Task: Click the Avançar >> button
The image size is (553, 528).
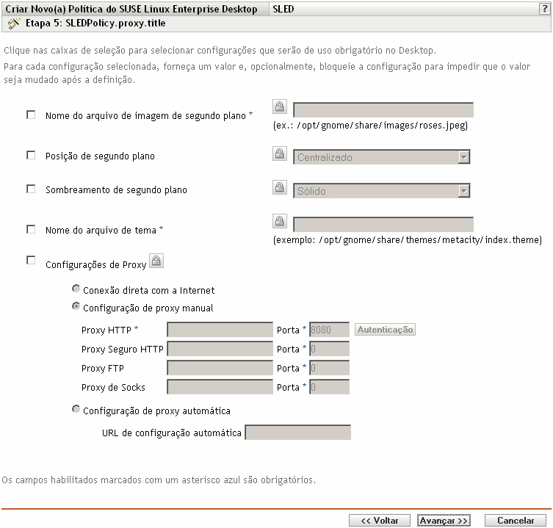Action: point(444,520)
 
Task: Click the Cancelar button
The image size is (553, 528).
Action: point(516,520)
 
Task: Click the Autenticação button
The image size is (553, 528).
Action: point(385,330)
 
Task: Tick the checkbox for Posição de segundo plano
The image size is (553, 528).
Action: point(31,156)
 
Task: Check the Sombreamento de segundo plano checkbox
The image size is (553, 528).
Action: point(31,189)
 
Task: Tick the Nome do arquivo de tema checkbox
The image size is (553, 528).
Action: point(31,229)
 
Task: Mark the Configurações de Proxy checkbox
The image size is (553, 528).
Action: point(31,259)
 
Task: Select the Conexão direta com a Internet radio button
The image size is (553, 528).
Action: point(76,289)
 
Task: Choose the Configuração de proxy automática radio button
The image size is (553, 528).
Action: point(76,410)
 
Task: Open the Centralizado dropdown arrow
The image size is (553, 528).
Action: point(463,157)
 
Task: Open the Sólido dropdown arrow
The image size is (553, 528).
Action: point(463,191)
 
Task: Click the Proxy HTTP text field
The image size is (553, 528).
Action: point(220,330)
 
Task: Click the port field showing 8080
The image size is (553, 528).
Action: point(329,330)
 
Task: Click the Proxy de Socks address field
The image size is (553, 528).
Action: point(220,387)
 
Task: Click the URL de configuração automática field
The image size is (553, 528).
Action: point(297,433)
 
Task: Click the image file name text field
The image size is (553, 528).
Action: point(383,110)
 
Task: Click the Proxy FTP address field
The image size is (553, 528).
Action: point(220,368)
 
